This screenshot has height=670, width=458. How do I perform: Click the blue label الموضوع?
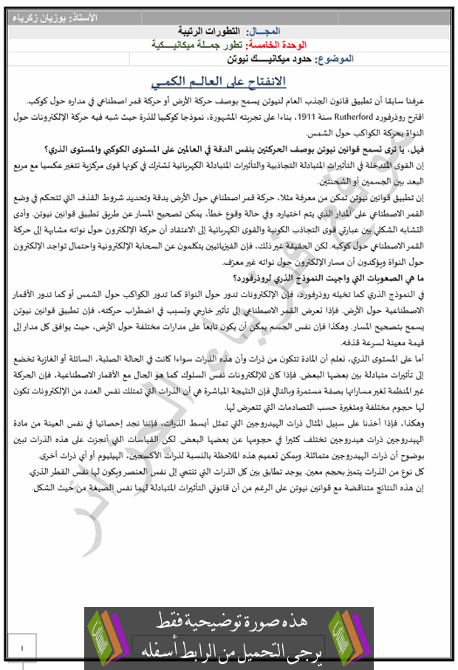[335, 58]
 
